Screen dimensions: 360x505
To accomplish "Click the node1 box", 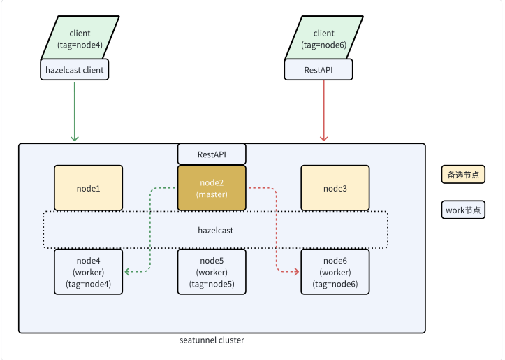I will click(x=89, y=188).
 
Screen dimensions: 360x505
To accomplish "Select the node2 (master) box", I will click(x=212, y=188).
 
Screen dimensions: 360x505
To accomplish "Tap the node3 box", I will click(x=335, y=188).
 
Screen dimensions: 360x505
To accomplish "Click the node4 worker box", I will click(x=89, y=272).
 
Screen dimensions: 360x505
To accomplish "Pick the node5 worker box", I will click(x=212, y=272).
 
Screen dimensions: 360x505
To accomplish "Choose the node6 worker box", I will click(x=335, y=272).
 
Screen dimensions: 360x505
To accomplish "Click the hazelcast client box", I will click(x=75, y=70).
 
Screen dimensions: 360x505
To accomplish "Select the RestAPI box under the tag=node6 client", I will click(x=319, y=70).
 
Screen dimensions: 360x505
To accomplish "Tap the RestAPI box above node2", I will click(x=212, y=154).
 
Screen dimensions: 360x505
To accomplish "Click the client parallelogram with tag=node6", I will click(x=323, y=38).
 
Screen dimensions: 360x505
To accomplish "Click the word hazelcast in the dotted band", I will click(x=215, y=230).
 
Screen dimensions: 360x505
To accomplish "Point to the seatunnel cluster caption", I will click(x=212, y=340).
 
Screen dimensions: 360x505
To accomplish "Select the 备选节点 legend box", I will click(x=463, y=175).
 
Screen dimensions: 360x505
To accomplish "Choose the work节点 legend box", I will click(x=463, y=210).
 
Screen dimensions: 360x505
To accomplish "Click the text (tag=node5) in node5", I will click(x=212, y=285).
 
